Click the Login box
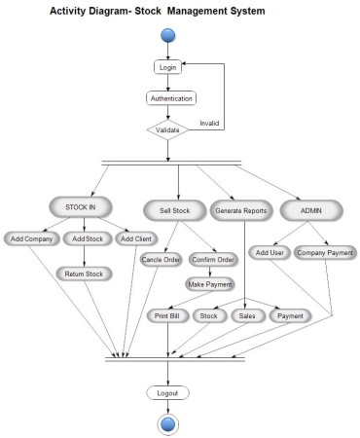pyautogui.click(x=168, y=67)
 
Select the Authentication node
pyautogui.click(x=170, y=98)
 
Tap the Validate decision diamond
pyautogui.click(x=168, y=128)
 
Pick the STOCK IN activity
pyautogui.click(x=82, y=207)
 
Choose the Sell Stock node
pyautogui.click(x=176, y=208)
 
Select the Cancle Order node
pyautogui.click(x=161, y=260)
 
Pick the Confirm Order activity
pyautogui.click(x=212, y=260)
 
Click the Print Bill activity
pyautogui.click(x=168, y=315)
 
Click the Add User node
pyautogui.click(x=269, y=253)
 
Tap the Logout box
pyautogui.click(x=168, y=392)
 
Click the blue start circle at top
pyautogui.click(x=168, y=36)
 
